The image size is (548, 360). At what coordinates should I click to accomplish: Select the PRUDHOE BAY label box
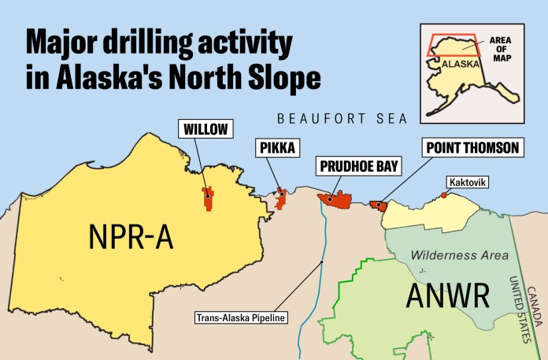[x=358, y=166]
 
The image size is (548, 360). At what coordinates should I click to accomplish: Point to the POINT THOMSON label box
[x=470, y=147]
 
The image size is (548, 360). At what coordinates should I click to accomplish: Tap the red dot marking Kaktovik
[x=443, y=195]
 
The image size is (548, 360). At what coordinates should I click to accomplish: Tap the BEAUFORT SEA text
[x=342, y=119]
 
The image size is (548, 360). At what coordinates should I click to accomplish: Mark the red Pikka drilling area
[x=280, y=198]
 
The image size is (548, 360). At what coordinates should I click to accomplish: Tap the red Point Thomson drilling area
[x=380, y=205]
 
